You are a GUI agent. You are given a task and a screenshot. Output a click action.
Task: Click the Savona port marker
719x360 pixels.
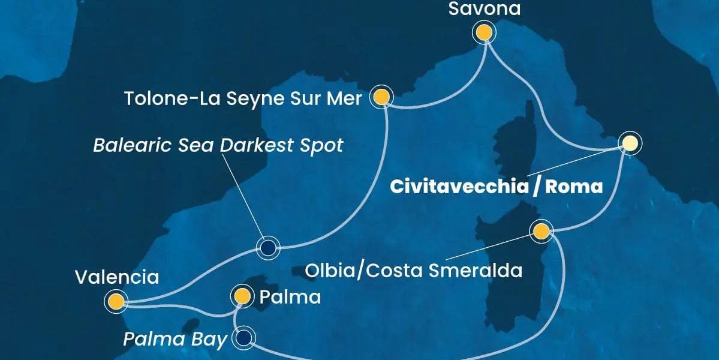coord(483,32)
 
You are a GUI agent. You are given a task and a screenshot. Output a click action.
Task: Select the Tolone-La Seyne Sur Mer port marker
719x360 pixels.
coord(382,97)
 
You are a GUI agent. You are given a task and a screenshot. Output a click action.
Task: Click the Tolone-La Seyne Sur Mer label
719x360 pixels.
coord(243,98)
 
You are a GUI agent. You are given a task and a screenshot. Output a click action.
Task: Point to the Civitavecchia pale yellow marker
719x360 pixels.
coord(629,143)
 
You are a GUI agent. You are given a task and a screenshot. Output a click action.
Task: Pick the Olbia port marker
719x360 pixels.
coord(541,231)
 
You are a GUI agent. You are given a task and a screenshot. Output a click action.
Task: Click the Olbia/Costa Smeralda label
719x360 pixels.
coord(413,270)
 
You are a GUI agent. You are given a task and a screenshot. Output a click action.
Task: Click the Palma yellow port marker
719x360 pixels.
coord(242,295)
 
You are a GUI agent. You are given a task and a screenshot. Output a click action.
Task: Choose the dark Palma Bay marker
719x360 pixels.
coord(244,338)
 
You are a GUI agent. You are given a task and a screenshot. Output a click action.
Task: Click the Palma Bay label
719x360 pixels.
coord(175,340)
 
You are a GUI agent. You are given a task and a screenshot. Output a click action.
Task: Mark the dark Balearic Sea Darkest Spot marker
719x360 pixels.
coord(267,247)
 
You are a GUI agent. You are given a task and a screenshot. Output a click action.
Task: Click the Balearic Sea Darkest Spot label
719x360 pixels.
coord(218,145)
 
